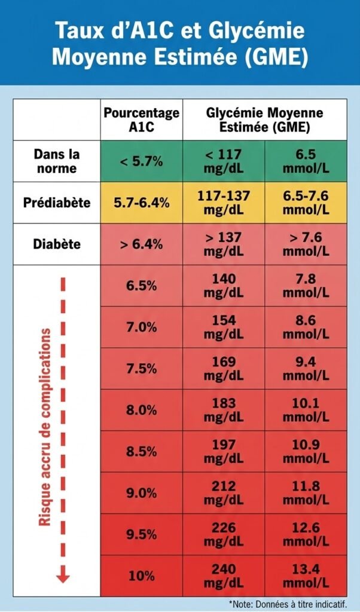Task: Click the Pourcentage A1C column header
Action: pyautogui.click(x=141, y=120)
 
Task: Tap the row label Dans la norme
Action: pyautogui.click(x=57, y=161)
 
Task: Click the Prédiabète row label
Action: pyautogui.click(x=57, y=203)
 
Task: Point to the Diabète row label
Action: pyautogui.click(x=57, y=244)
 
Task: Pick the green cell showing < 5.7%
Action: pyautogui.click(x=141, y=161)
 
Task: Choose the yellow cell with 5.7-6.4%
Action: pyautogui.click(x=141, y=203)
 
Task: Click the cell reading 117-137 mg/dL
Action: pyautogui.click(x=224, y=203)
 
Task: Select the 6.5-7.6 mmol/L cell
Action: pyautogui.click(x=306, y=203)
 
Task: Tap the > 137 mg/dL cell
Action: pyautogui.click(x=224, y=244)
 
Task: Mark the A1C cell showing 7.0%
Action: pyautogui.click(x=141, y=327)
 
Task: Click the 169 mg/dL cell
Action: pyautogui.click(x=224, y=369)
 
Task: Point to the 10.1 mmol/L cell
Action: pyautogui.click(x=306, y=410)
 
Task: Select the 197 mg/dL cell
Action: pyautogui.click(x=224, y=451)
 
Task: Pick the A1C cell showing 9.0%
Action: pyautogui.click(x=141, y=493)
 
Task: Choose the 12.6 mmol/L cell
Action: pyautogui.click(x=306, y=534)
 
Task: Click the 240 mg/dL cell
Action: pyautogui.click(x=224, y=576)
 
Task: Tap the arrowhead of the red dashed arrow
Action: pyautogui.click(x=63, y=577)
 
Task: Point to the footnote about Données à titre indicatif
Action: pyautogui.click(x=294, y=604)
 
